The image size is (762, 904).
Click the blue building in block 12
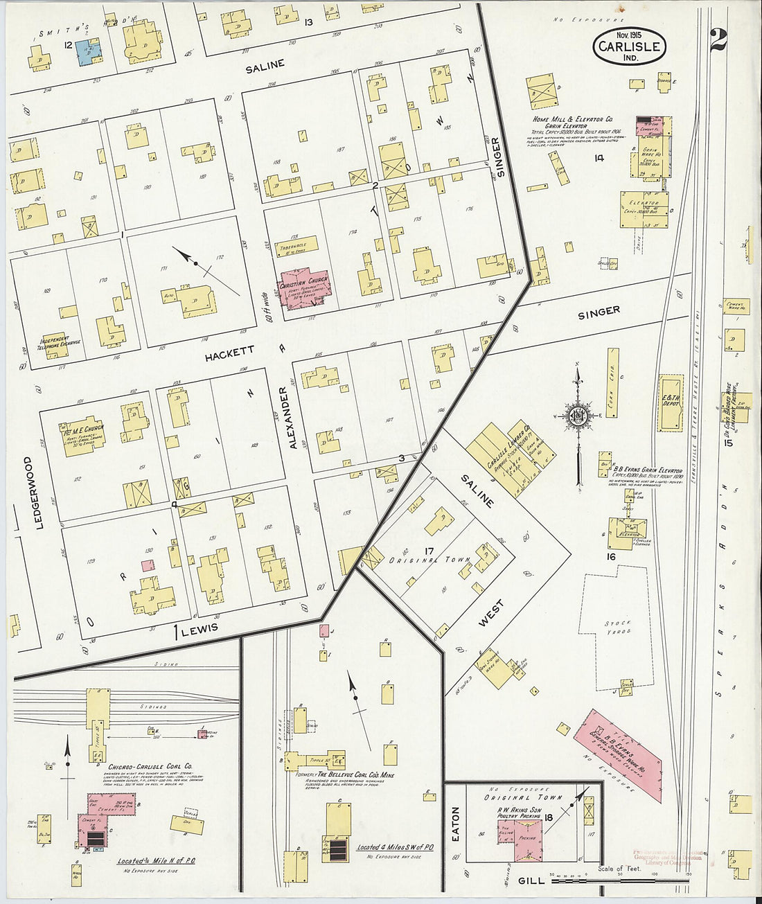(87, 52)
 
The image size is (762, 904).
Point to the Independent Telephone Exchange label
(60, 342)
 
